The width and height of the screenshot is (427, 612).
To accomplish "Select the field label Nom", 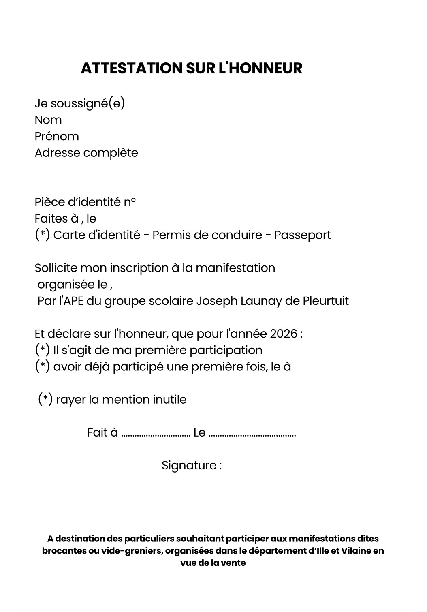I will (48, 120).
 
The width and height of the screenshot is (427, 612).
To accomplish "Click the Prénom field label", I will (57, 136).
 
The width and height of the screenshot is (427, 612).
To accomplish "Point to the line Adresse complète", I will (86, 153).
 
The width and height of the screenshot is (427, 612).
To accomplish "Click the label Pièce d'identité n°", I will (85, 202).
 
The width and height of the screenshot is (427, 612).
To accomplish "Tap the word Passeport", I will (303, 235).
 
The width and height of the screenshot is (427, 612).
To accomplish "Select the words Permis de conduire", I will (207, 235).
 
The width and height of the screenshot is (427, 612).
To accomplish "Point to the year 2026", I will (284, 334).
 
